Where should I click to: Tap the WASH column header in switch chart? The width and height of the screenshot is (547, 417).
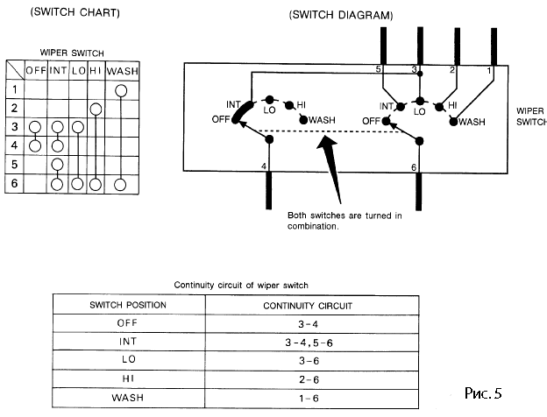[x=122, y=68]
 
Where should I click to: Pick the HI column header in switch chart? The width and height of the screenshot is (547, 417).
[x=96, y=68]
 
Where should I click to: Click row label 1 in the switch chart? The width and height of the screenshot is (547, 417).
[x=15, y=89]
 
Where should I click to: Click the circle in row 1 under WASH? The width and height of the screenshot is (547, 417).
[x=123, y=89]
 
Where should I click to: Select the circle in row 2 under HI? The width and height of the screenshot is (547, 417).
[x=96, y=109]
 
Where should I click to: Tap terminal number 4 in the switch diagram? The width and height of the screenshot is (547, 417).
[x=264, y=165]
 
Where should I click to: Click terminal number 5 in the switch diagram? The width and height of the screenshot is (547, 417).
[x=378, y=68]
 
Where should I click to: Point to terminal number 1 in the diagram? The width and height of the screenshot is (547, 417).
[x=489, y=68]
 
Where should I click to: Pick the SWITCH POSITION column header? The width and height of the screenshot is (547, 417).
[x=128, y=304]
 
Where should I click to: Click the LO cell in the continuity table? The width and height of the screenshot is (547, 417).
[x=128, y=358]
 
